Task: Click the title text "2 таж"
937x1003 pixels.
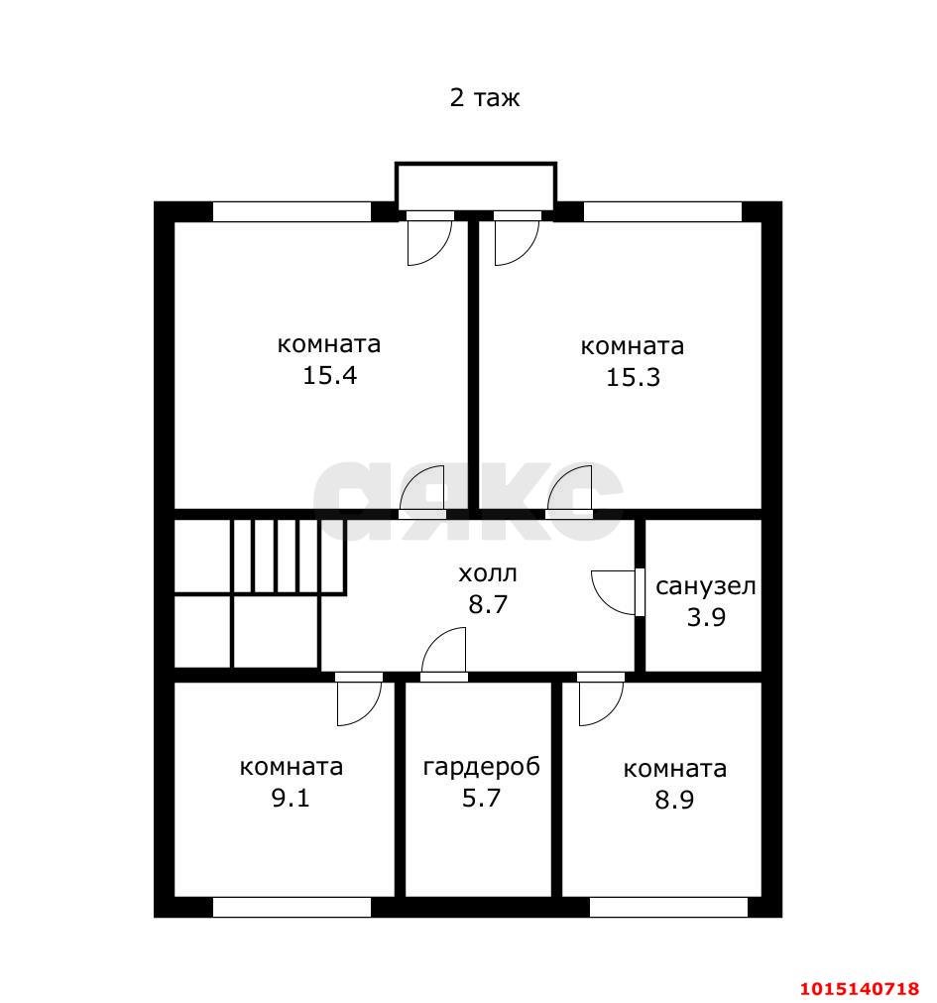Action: [485, 98]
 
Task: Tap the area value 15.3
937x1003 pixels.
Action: [633, 378]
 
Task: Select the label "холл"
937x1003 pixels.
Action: [488, 573]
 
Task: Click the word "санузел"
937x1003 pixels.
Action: [705, 585]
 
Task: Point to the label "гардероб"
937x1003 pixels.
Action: [481, 767]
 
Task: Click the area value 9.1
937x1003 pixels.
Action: [291, 798]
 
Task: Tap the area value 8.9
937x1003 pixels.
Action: [673, 800]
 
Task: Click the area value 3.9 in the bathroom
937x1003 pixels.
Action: [706, 617]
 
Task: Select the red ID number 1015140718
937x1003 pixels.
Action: [860, 988]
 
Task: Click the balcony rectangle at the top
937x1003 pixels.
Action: [476, 187]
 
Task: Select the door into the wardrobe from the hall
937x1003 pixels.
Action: [444, 655]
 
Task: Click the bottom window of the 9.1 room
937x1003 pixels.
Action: [292, 906]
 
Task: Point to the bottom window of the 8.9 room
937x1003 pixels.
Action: [668, 906]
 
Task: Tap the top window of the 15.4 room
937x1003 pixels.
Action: [292, 211]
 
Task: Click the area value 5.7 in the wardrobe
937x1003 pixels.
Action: [481, 798]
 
